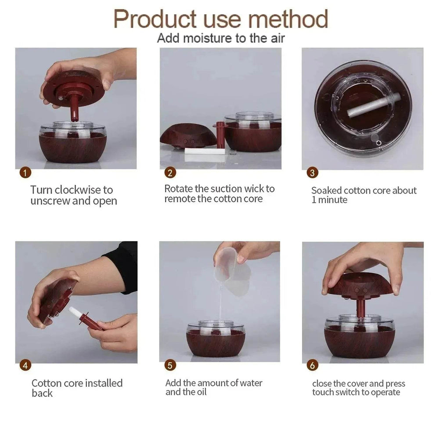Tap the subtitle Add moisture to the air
(x=221, y=38)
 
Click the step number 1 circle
(x=26, y=173)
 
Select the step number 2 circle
(x=170, y=173)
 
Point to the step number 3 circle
(x=312, y=173)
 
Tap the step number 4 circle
(x=26, y=365)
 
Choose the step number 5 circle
(x=170, y=365)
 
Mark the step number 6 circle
(x=313, y=365)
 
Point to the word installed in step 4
(x=104, y=383)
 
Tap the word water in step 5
(x=250, y=383)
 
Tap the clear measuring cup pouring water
(x=233, y=266)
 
